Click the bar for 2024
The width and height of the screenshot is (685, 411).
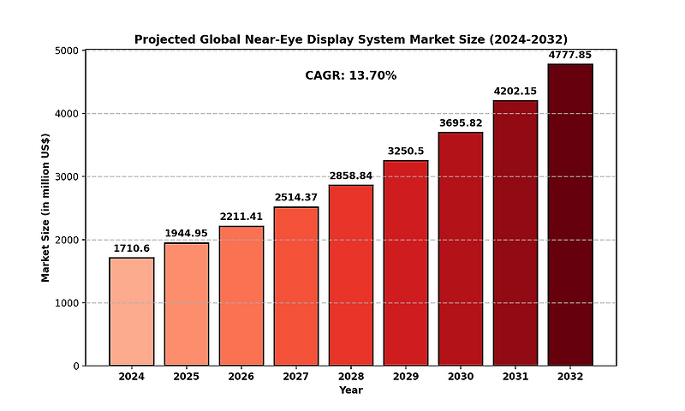(132, 312)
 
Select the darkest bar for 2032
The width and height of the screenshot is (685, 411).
(570, 215)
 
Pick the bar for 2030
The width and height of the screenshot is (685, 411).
(461, 249)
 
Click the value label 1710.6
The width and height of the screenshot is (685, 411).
(132, 248)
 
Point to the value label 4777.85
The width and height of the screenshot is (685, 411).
(570, 55)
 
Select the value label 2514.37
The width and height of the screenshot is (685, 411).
(296, 198)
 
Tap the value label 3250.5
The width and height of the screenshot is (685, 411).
(406, 152)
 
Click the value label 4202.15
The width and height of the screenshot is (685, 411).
(515, 92)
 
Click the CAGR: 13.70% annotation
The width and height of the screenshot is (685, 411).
(351, 75)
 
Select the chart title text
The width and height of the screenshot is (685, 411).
(351, 39)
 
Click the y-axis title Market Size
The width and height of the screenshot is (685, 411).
(45, 208)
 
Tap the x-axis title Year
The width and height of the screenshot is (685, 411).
(351, 390)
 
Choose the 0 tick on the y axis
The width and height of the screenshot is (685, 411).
(76, 366)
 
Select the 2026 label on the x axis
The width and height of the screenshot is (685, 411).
(241, 377)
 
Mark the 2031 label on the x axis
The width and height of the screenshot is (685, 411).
(515, 377)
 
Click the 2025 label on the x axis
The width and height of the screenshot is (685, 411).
(187, 377)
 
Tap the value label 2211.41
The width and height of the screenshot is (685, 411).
(241, 217)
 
